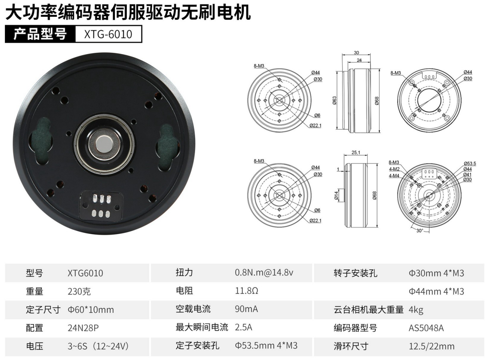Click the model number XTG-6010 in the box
pos(108,34)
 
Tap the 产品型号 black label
pos(40,34)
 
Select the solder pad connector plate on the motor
pos(101,205)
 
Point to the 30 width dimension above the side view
pos(356,52)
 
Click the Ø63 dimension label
pos(335,100)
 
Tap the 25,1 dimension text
pos(356,152)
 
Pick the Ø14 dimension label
pos(336,195)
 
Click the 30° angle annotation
pos(420,231)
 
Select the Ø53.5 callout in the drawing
pos(470,163)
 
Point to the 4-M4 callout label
pos(394,175)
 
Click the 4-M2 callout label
pos(394,169)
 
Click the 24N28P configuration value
pos(83,328)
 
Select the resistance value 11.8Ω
pos(246,291)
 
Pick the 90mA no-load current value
pos(246,309)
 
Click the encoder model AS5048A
pos(426,328)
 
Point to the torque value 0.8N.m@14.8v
pos(264,272)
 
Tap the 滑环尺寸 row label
pos(351,346)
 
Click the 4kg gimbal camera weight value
pos(416,310)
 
